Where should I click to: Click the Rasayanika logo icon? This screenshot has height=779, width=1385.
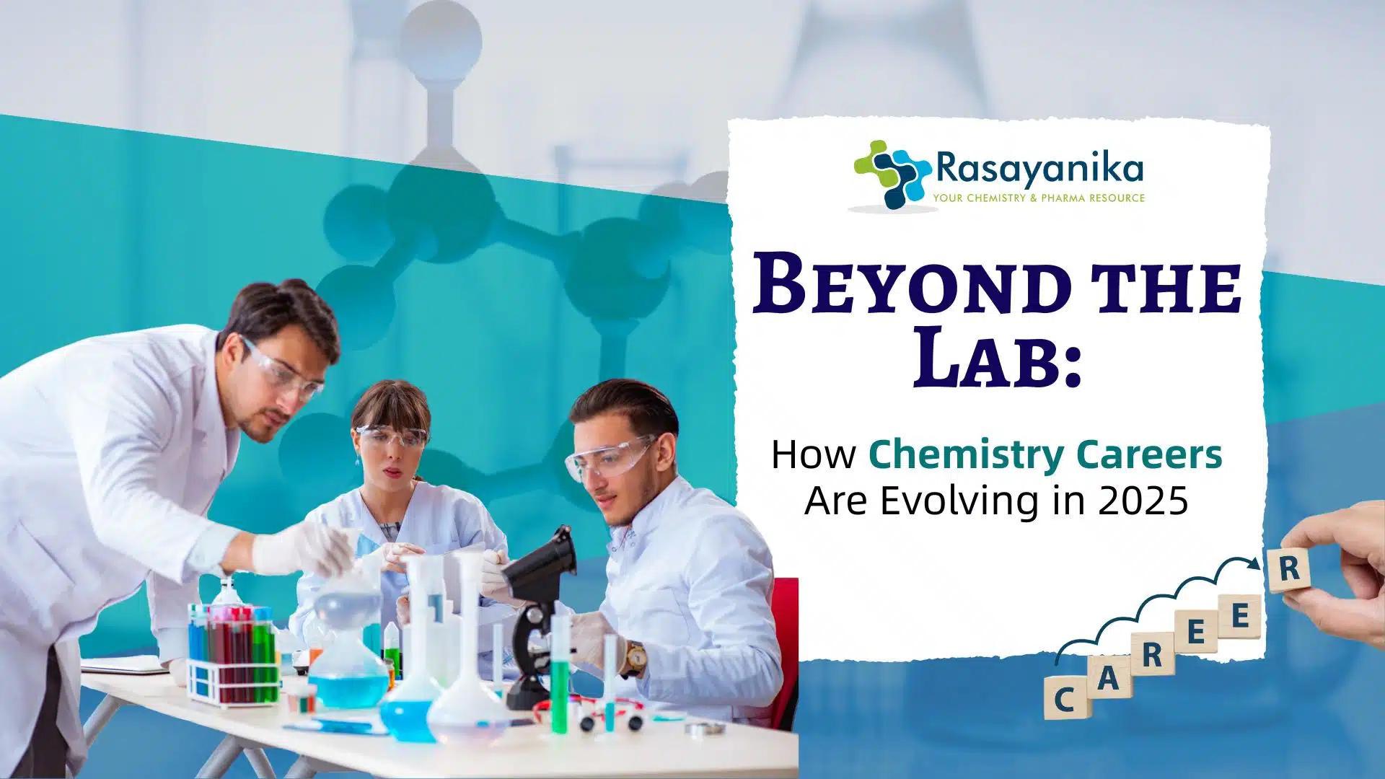[x=892, y=175]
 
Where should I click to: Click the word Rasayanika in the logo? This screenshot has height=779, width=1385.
[x=1039, y=169]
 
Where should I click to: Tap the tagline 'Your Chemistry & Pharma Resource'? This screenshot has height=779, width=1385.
[x=1039, y=198]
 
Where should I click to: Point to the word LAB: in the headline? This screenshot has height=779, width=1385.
[x=998, y=356]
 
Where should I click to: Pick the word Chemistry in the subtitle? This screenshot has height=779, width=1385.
[x=966, y=456]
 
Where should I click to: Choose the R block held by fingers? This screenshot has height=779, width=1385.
[x=1289, y=568]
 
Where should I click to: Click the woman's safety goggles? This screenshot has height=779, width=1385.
[x=392, y=437]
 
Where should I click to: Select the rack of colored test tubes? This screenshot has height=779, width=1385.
[x=232, y=653]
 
